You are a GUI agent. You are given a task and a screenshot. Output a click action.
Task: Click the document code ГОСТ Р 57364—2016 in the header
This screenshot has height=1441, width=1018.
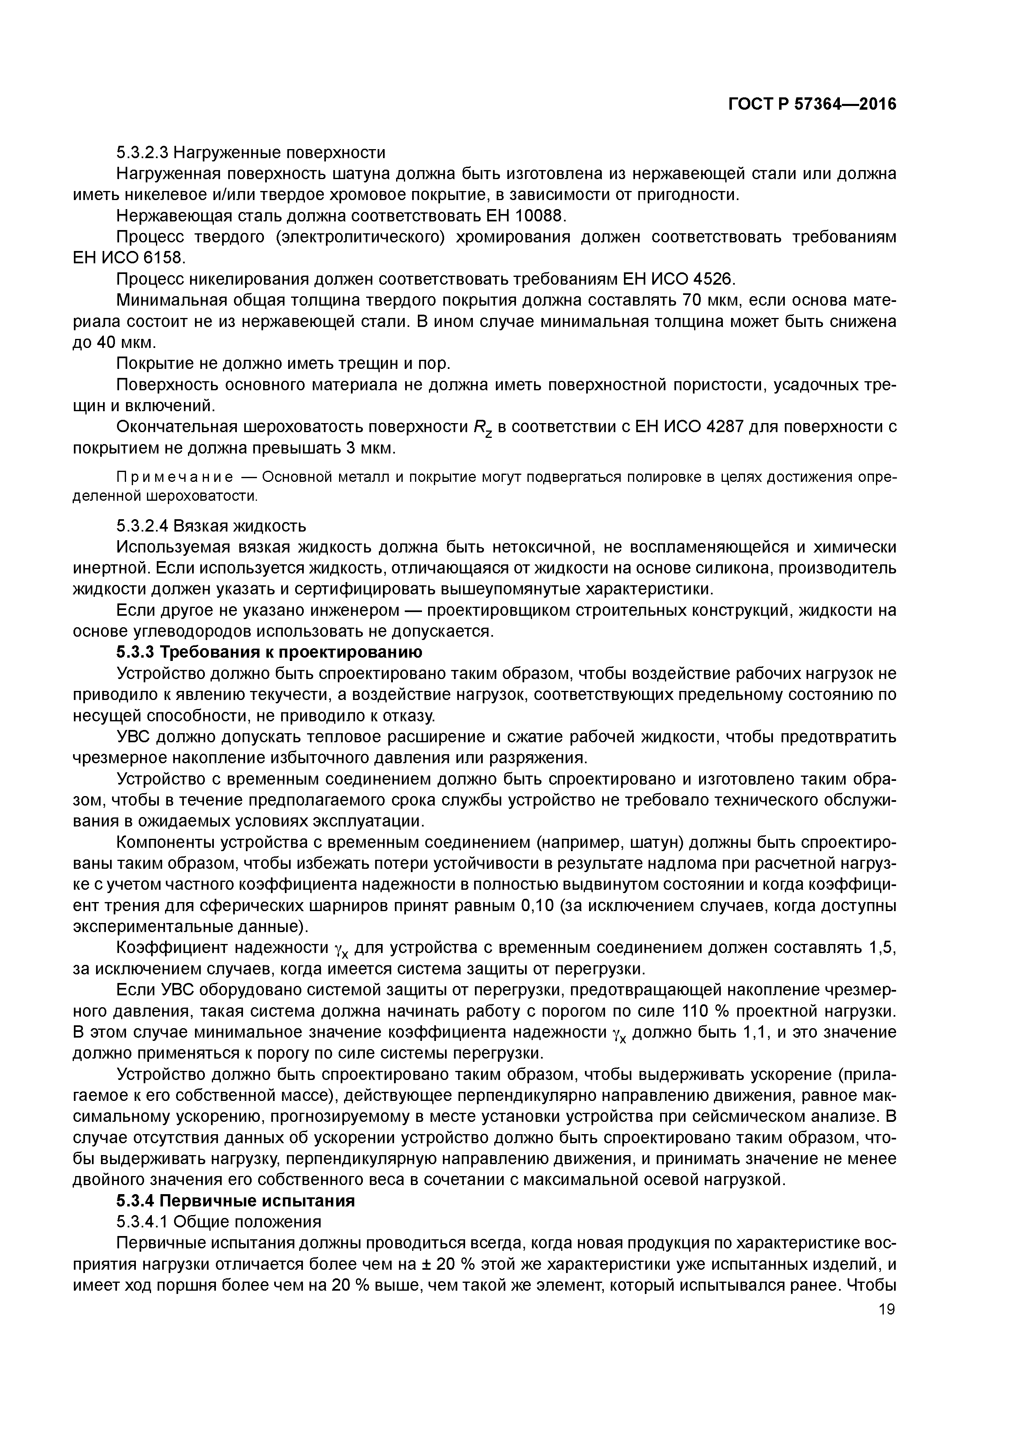(812, 104)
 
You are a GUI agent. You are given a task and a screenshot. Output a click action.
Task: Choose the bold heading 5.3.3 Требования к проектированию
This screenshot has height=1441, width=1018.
(269, 652)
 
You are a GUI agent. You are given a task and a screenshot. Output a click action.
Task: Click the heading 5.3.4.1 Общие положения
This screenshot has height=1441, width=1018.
(219, 1221)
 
